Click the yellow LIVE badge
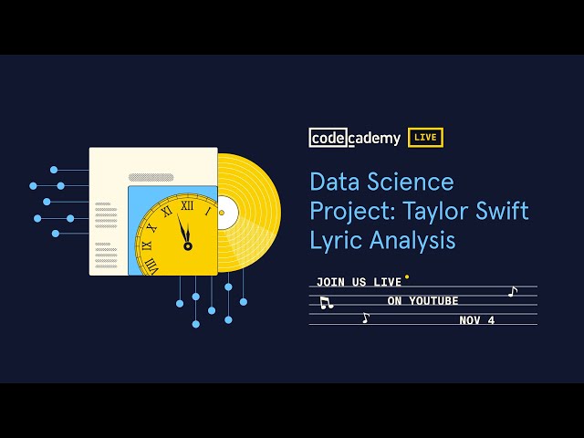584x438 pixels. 425,138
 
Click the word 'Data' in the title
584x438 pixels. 335,182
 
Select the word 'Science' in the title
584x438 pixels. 411,182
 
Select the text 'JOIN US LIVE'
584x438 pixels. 359,282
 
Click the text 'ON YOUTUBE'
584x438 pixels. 422,301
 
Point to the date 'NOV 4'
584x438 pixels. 476,320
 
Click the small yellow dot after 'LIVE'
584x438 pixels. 407,276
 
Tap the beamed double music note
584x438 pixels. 326,302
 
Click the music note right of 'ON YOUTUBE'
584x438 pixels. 512,292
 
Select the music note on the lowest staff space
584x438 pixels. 366,318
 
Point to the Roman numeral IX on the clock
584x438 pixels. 147,245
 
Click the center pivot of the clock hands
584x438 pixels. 187,245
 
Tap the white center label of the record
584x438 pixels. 224,214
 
